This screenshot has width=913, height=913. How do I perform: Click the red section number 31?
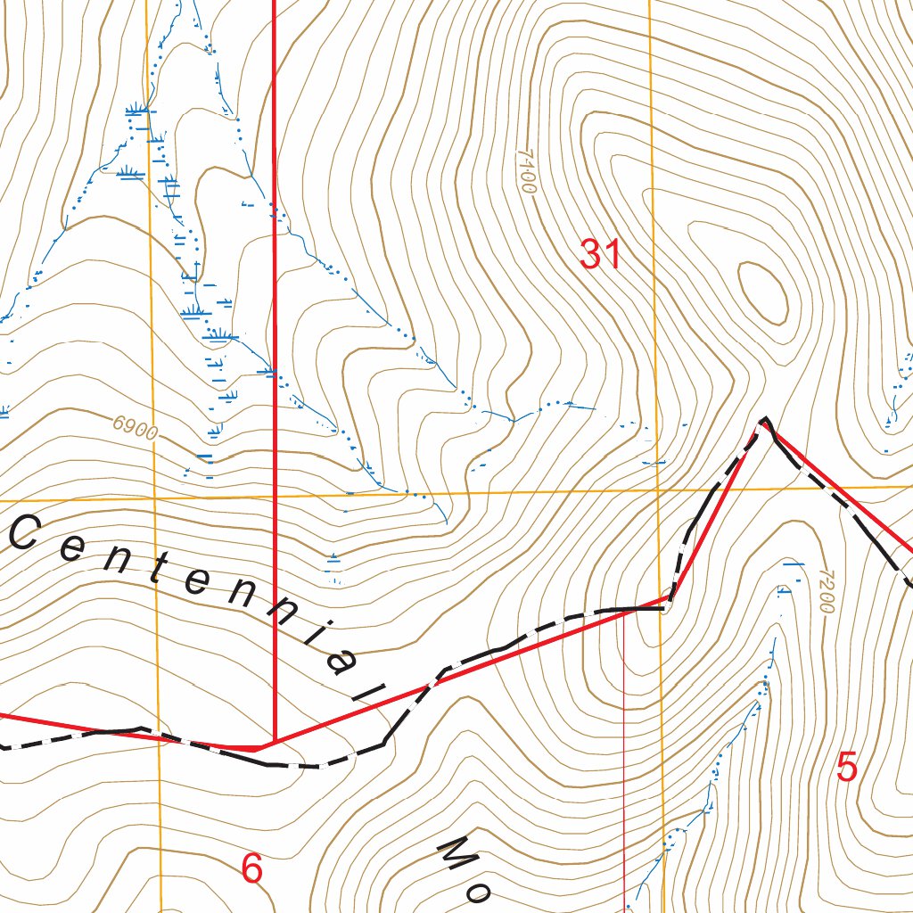click(x=599, y=255)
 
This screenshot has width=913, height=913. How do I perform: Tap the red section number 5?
click(x=847, y=766)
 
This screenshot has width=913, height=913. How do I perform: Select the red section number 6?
click(x=252, y=868)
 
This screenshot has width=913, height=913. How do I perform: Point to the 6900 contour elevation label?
click(x=136, y=430)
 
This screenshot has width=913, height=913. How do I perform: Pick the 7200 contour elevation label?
click(x=822, y=591)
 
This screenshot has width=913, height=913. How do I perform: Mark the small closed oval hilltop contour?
click(x=763, y=292)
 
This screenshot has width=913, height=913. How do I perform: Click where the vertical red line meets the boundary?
click(x=273, y=742)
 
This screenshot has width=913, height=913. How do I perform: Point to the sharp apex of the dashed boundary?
click(x=764, y=419)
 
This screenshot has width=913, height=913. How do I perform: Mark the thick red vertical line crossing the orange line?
click(x=273, y=496)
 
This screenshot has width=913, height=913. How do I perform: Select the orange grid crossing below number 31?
click(x=657, y=490)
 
